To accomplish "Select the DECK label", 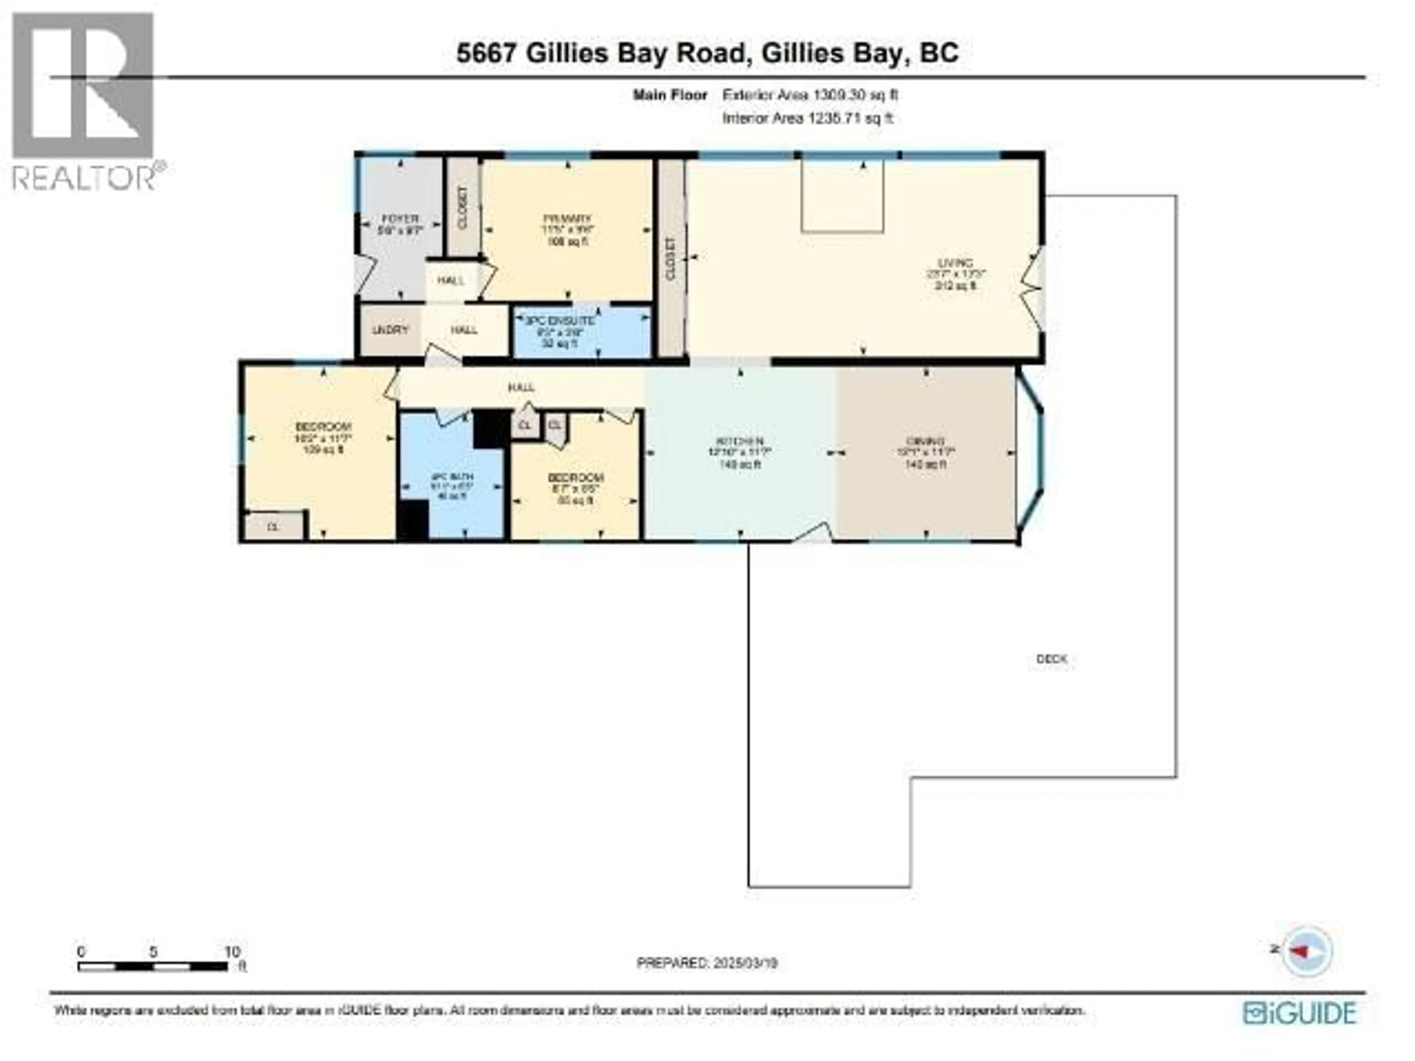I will [x=1051, y=659].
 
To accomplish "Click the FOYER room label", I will [x=401, y=219].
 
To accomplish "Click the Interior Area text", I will [x=807, y=118].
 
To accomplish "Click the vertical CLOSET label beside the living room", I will [x=670, y=259].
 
